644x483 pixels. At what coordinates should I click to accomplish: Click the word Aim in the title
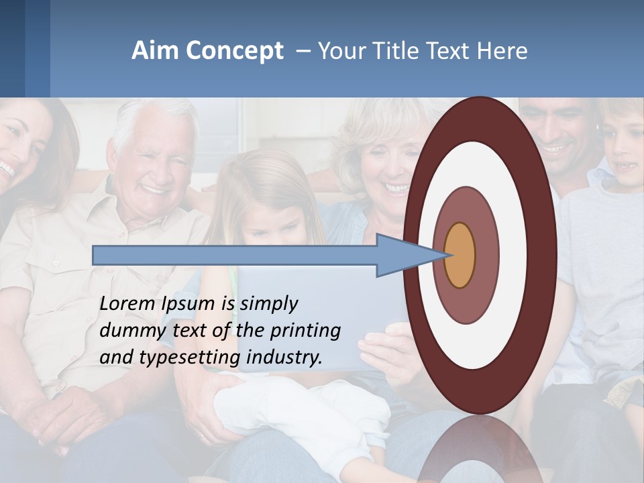(156, 50)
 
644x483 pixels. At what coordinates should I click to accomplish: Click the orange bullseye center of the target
(460, 255)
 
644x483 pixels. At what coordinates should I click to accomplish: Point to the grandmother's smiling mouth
(396, 189)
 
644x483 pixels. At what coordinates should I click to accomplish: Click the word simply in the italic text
(268, 304)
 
